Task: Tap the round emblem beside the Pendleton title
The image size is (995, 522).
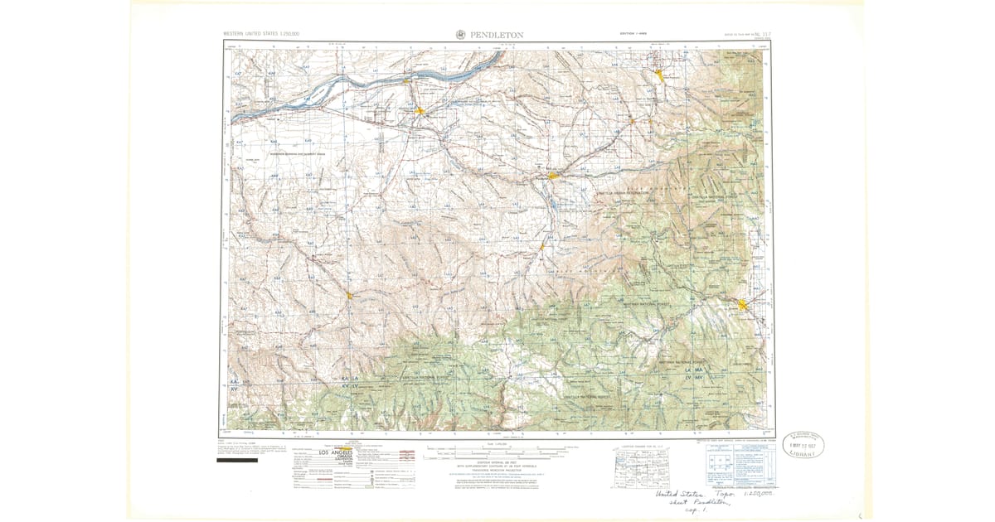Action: pos(461,34)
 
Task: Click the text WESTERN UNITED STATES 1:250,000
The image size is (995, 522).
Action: pos(261,34)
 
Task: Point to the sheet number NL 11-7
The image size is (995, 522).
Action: pos(750,34)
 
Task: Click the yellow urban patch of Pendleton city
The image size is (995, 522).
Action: pos(553,176)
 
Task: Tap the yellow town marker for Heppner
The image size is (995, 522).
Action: pos(350,294)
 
